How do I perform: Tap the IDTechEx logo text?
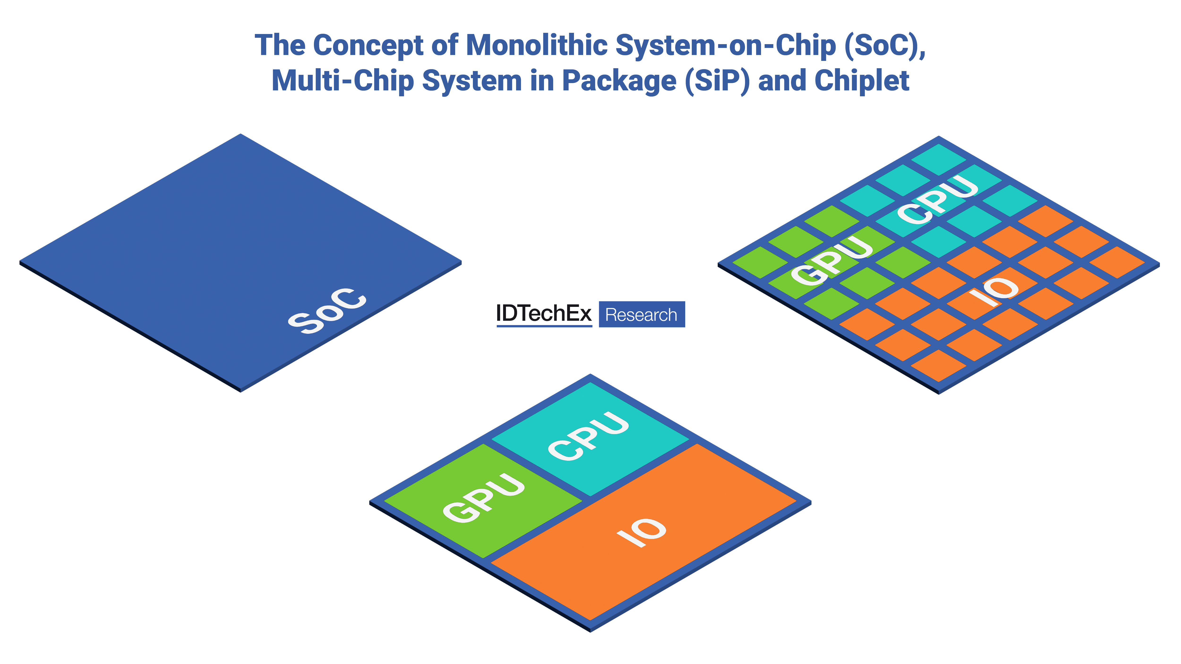(544, 314)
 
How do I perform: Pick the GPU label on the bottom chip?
(484, 497)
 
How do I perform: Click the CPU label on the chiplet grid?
(937, 200)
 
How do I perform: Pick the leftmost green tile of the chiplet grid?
(760, 262)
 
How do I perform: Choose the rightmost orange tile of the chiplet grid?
(1117, 262)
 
